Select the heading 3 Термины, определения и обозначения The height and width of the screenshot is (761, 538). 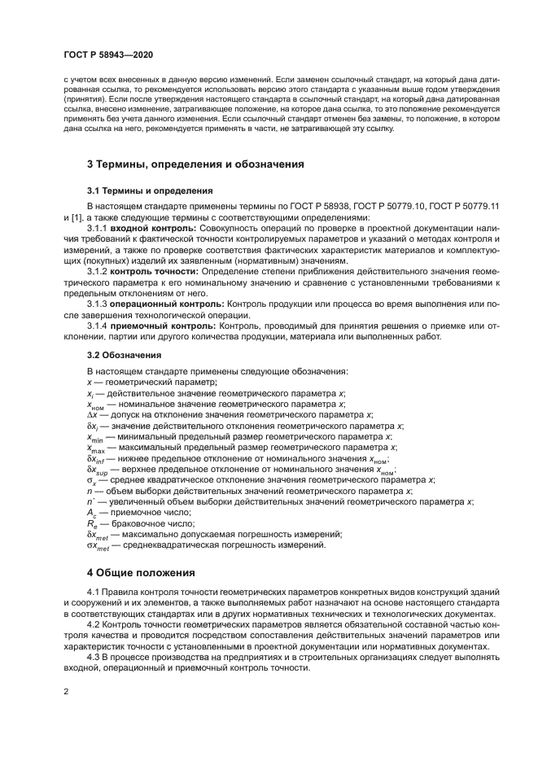(195, 164)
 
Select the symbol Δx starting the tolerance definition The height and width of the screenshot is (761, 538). (92, 413)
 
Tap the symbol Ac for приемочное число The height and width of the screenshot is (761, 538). (92, 513)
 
